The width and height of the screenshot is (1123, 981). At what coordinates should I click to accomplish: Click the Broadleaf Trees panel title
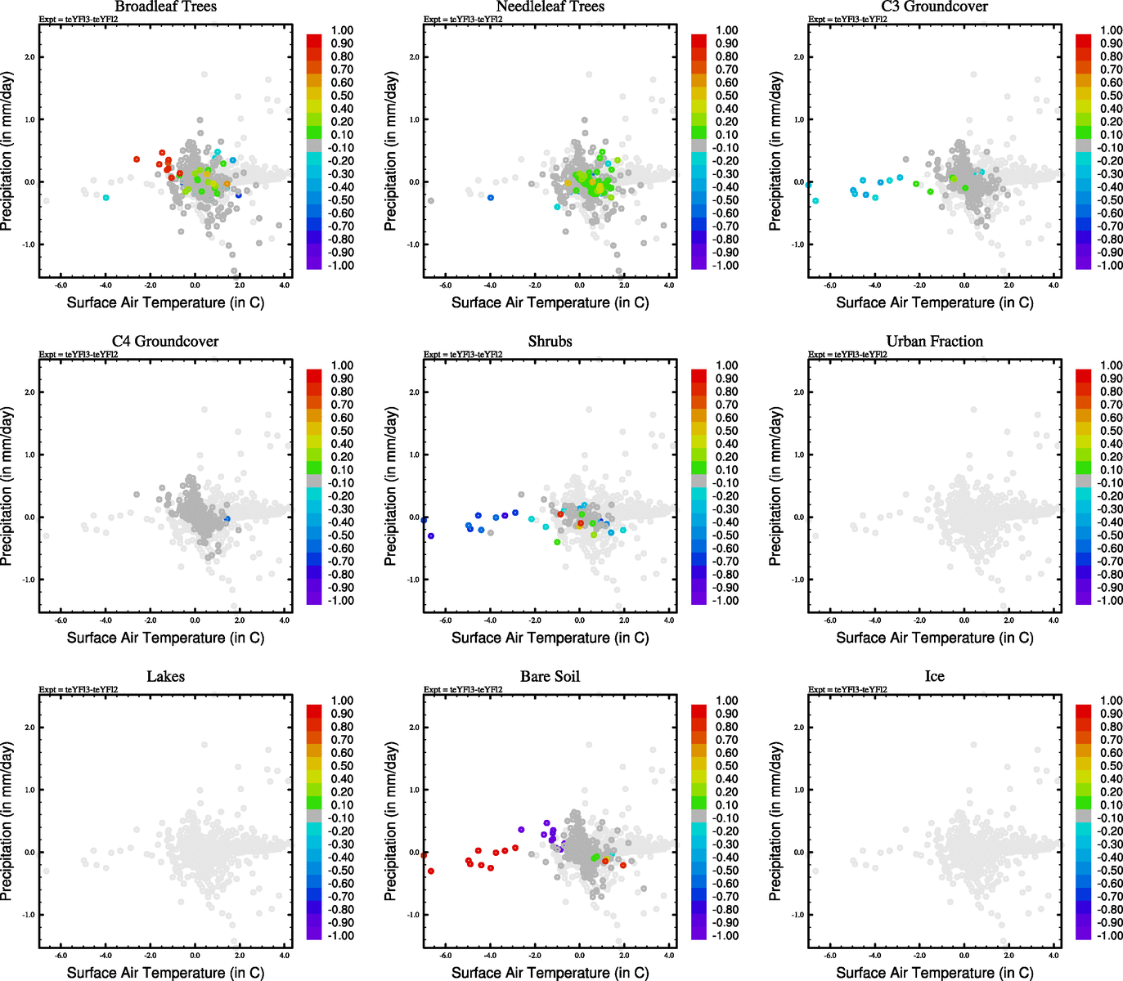coord(165,7)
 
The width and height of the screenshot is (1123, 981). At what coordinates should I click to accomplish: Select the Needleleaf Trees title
coord(550,7)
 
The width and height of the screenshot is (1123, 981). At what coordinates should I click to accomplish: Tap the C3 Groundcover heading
coord(934,7)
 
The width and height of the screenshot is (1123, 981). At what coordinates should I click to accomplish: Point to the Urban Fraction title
coord(934,342)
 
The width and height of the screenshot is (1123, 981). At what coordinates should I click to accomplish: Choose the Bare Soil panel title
coord(550,677)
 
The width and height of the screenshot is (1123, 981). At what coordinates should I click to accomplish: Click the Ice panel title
coord(934,677)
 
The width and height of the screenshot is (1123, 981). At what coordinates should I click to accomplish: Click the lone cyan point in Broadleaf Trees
coord(106,198)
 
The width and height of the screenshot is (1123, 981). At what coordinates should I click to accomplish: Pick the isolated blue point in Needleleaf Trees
coord(491,198)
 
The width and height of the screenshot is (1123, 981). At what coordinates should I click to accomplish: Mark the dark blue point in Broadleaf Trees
coord(239,195)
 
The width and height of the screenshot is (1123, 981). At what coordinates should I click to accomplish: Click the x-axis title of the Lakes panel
coord(165,973)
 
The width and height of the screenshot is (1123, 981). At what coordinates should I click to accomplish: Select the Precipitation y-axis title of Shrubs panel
coord(391,487)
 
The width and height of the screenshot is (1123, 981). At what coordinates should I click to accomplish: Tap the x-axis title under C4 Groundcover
coord(165,638)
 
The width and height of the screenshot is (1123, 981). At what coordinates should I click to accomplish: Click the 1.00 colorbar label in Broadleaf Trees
coord(342,30)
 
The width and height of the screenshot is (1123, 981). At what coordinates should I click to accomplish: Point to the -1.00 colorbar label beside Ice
coord(1109,935)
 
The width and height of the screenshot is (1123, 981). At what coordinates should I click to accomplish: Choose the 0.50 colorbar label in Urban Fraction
coord(1111,431)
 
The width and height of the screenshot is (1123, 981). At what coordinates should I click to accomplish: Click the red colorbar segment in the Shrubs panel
coord(699,375)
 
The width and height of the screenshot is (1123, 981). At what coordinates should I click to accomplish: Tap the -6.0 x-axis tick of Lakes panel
coord(61,956)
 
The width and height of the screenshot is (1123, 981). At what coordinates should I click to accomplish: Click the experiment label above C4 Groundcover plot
coord(79,355)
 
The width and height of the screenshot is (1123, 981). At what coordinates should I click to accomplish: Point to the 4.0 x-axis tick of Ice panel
coord(1053,956)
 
